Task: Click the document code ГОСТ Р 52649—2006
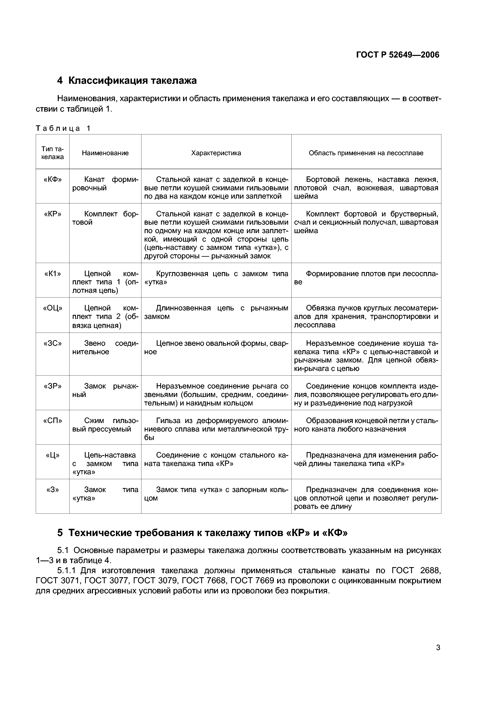398,55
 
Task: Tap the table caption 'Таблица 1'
63,128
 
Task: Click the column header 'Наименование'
105,153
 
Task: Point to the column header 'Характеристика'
216,153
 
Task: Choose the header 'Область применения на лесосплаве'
366,153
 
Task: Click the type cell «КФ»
53,179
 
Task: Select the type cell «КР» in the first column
53,214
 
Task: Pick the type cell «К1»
53,274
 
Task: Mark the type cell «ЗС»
53,343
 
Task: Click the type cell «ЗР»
53,386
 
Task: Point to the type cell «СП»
53,421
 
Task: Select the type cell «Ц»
53,455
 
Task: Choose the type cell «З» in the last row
53,490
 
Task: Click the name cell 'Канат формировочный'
105,184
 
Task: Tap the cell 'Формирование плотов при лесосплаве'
366,278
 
